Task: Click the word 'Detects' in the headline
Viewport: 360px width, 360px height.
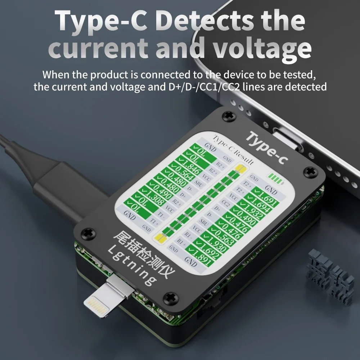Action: [x=206, y=21]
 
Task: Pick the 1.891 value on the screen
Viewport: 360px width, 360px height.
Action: [x=201, y=259]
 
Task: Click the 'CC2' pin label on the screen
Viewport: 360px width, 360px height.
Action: [x=226, y=203]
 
